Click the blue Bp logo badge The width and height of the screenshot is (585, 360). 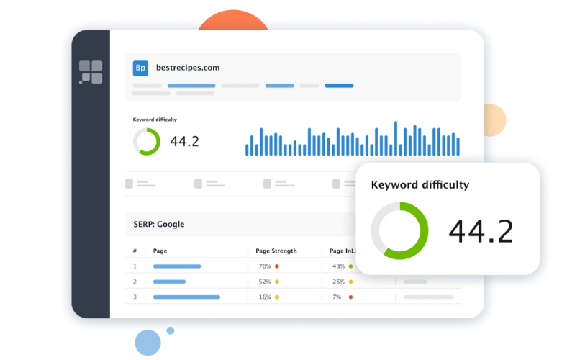point(140,68)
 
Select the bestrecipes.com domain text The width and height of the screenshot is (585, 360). point(188,68)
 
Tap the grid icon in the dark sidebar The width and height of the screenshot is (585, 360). point(91,72)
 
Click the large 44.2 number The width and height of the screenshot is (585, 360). point(481,232)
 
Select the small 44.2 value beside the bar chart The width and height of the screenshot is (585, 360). point(184,142)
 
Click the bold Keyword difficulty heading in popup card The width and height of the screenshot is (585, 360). point(420,185)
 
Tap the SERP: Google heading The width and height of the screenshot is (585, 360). point(159,224)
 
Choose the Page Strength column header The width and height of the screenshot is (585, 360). point(276,251)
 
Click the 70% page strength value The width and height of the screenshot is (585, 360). point(265,266)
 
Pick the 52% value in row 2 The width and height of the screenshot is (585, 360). point(265,282)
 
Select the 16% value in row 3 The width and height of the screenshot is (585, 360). point(265,297)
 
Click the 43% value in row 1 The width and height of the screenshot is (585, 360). point(338,266)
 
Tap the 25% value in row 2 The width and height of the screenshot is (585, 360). point(338,282)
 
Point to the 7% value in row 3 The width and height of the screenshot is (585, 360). point(337,297)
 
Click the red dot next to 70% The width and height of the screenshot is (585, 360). point(277,266)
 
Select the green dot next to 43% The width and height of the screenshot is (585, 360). point(350,266)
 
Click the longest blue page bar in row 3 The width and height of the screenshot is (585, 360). point(186,297)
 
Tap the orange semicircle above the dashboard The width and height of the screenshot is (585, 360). point(233,21)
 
